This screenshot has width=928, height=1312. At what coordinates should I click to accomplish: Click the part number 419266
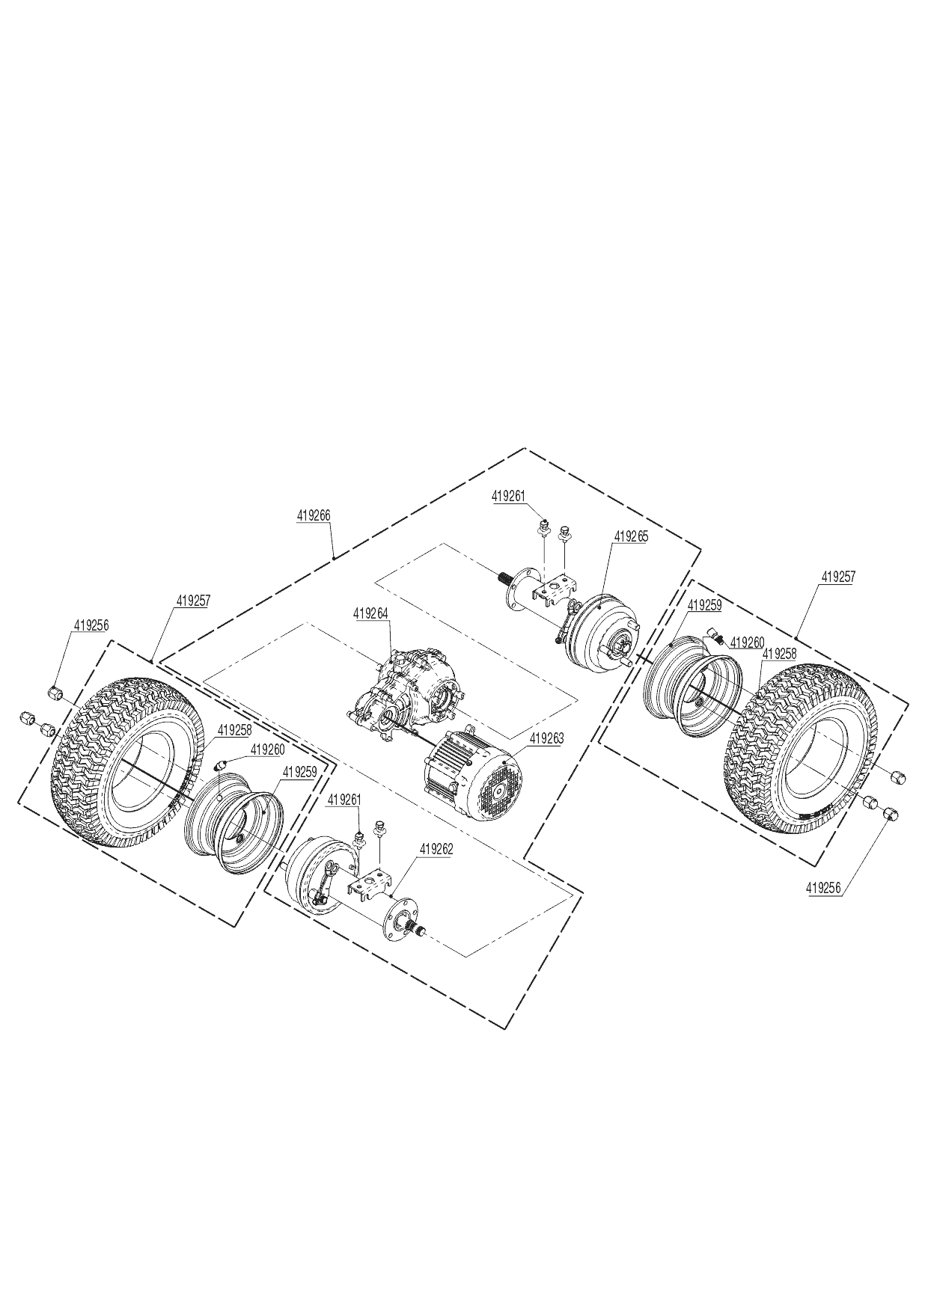pyautogui.click(x=314, y=515)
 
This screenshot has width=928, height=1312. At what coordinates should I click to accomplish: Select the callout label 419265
pyautogui.click(x=631, y=536)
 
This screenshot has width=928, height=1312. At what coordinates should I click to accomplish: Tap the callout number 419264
pyautogui.click(x=371, y=613)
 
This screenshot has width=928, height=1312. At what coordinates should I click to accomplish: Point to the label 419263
pyautogui.click(x=547, y=738)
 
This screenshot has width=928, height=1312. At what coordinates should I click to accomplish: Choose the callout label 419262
pyautogui.click(x=436, y=849)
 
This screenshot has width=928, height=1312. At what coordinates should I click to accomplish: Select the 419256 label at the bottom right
pyautogui.click(x=824, y=888)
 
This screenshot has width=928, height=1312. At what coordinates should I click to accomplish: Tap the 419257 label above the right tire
pyautogui.click(x=838, y=577)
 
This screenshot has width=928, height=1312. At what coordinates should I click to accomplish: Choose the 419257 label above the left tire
pyautogui.click(x=194, y=600)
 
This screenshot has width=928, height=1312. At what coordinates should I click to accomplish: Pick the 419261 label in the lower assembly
pyautogui.click(x=344, y=800)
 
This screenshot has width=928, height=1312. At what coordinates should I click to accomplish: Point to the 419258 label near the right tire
pyautogui.click(x=778, y=653)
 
